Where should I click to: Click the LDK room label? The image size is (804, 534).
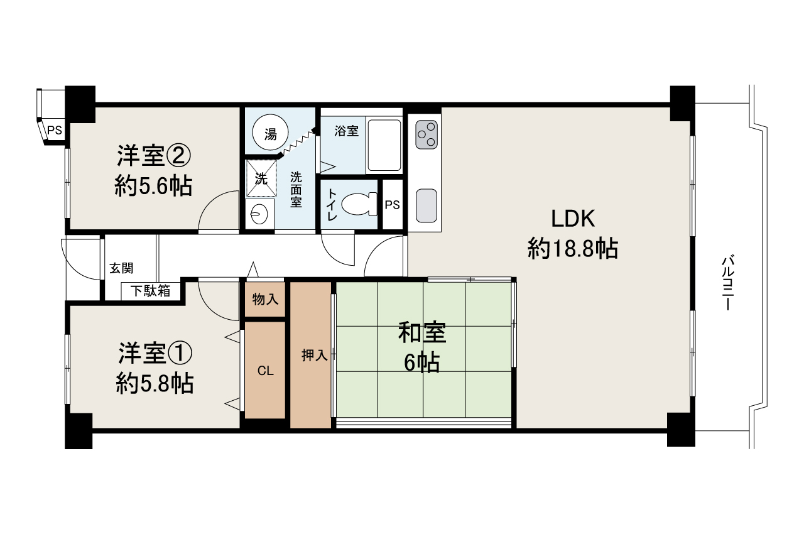click(x=573, y=219)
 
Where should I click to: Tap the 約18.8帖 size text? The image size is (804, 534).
click(x=573, y=249)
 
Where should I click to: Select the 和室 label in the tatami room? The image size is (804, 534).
click(x=422, y=333)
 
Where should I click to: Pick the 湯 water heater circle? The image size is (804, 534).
click(x=270, y=134)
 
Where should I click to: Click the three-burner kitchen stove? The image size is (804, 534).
click(x=426, y=134)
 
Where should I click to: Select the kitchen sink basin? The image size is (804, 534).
click(x=426, y=205)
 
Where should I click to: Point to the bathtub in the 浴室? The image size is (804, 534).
click(x=384, y=145)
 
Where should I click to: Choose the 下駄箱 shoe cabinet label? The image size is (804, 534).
click(x=150, y=292)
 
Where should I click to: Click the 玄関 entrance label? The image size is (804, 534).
click(x=121, y=268)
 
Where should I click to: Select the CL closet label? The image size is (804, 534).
click(x=266, y=371)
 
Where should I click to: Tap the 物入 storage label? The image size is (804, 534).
click(x=265, y=300)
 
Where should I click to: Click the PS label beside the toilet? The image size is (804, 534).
click(x=393, y=205)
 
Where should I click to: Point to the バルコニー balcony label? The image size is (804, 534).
click(x=728, y=283)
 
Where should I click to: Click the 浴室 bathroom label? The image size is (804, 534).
click(x=346, y=131)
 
